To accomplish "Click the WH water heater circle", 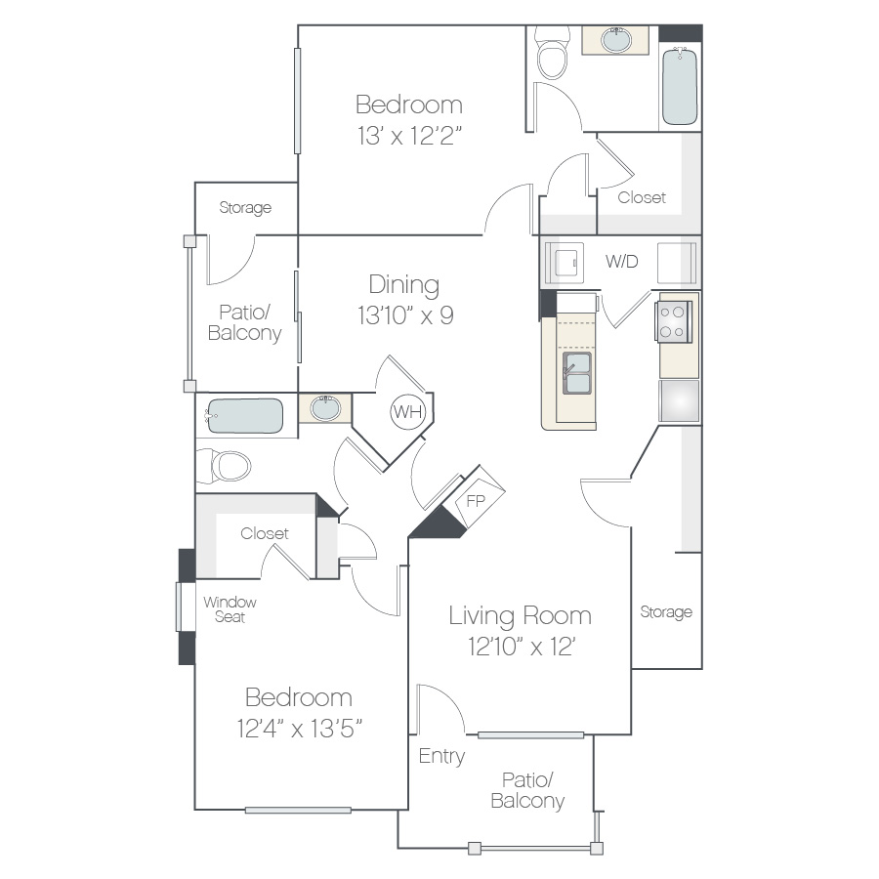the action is coord(407,412).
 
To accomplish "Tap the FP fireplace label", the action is coord(476,501).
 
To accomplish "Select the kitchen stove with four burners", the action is coord(673,321).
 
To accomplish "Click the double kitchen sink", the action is coord(577,373).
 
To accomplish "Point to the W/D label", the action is coord(622,261).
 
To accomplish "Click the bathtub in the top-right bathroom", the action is coord(680,86).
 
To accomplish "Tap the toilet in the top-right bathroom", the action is coord(552,53).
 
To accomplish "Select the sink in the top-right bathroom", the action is coord(616,40).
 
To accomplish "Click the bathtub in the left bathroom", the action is coord(244,416).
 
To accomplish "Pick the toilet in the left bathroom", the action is coord(225,466).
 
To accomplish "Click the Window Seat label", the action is coord(230,609).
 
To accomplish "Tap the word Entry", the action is coord(441,756).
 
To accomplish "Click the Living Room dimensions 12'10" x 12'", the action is coord(522,647).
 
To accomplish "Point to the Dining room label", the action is coord(403,285).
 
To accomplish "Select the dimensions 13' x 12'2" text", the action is coord(409,135).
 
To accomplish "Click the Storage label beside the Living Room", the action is coord(666,611).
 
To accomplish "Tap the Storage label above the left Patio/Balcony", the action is coord(245,207).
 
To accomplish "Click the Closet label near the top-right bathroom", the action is coord(642,197).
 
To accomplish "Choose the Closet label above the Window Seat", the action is coord(264,533).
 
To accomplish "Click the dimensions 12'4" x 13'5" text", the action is coord(299,729).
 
